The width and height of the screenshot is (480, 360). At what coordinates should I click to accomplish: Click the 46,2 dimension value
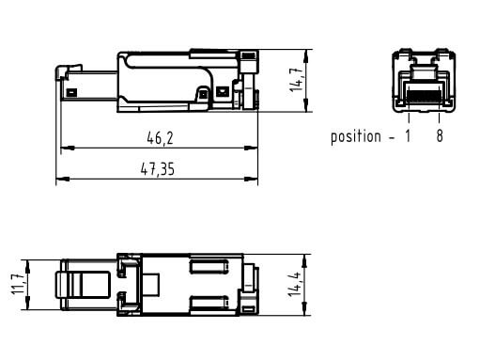160,138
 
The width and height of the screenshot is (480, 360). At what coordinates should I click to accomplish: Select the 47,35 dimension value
158,169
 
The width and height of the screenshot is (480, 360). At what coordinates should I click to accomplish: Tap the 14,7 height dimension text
296,80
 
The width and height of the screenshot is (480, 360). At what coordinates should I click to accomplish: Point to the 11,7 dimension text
17,284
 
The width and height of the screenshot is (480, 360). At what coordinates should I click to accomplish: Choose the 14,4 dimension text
294,284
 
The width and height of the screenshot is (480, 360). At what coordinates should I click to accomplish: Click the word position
356,137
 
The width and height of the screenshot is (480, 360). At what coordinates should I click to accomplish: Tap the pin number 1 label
408,136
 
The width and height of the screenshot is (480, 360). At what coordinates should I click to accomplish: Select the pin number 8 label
440,136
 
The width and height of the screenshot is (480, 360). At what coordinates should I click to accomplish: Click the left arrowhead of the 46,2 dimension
68,148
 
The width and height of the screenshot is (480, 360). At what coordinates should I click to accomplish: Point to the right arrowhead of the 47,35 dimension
251,179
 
